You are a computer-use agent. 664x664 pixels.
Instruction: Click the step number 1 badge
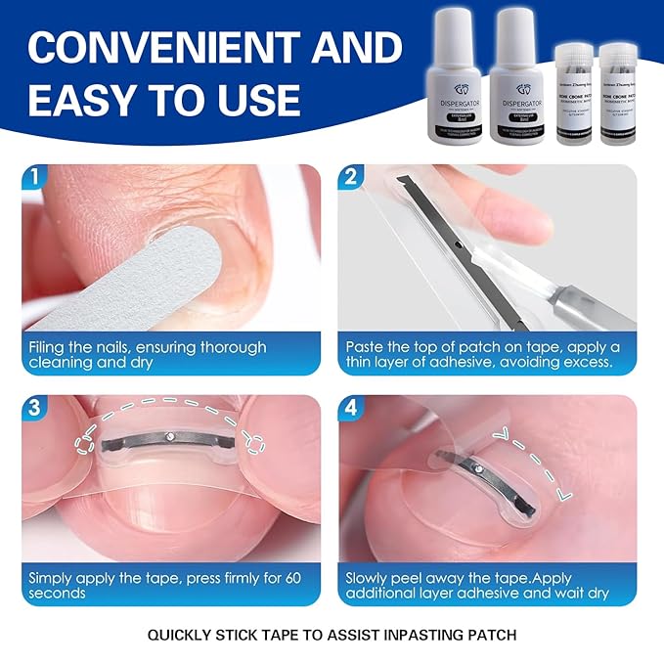tap(35, 178)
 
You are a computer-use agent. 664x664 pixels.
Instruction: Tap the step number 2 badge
tap(352, 178)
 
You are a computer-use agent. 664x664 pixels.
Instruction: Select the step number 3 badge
tap(35, 409)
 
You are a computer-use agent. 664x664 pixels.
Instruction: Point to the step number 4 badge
tap(352, 409)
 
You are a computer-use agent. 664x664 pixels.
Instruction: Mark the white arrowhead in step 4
tap(506, 435)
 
